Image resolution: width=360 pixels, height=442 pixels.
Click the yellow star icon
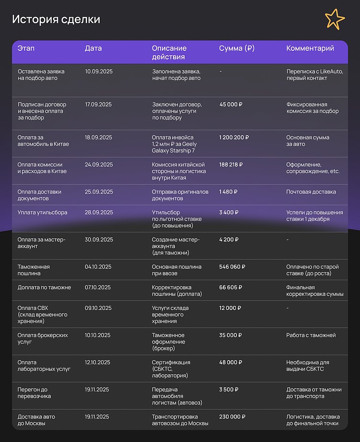[335, 19]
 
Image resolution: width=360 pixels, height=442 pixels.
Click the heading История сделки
[56, 20]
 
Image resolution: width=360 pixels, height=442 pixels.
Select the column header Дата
[93, 48]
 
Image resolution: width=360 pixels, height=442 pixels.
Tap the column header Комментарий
[310, 48]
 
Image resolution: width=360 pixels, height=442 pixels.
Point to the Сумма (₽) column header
[237, 48]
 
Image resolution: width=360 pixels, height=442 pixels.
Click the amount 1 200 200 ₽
[234, 137]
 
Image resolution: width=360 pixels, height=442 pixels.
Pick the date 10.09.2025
[99, 71]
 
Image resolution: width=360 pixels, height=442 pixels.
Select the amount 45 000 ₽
[231, 104]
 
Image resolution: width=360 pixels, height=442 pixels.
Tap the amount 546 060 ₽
[232, 267]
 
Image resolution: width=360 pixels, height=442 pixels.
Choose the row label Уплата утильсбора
[43, 212]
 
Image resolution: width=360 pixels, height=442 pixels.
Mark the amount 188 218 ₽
[231, 164]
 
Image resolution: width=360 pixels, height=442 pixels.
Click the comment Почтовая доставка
[311, 192]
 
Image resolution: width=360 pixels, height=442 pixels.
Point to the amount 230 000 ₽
[232, 417]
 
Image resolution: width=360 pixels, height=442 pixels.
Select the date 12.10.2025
[98, 362]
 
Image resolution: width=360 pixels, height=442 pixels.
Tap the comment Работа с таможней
[311, 335]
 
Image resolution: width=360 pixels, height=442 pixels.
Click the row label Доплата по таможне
[44, 287]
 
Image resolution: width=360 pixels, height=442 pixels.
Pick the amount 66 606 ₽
[231, 287]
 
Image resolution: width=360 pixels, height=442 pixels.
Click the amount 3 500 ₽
[228, 389]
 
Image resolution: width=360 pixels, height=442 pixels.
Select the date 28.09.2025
[99, 212]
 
